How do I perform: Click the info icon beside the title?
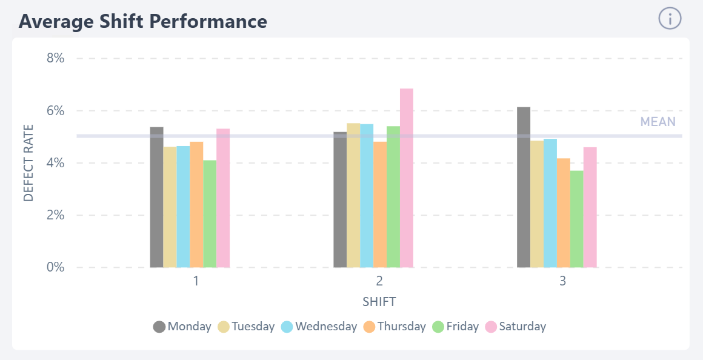[670, 19]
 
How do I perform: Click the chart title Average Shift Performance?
[143, 21]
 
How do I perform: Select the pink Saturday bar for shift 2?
[407, 178]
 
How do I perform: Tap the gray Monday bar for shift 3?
[524, 187]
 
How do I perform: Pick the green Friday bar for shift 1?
[210, 214]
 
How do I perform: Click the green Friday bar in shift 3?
[576, 219]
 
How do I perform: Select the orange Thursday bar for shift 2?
[380, 205]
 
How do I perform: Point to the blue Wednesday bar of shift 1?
[183, 207]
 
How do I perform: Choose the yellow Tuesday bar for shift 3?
[537, 204]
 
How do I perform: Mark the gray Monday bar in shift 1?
[156, 197]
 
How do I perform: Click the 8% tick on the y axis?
[55, 59]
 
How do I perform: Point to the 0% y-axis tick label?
[55, 267]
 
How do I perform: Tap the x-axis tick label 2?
[379, 282]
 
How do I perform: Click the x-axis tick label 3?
[563, 282]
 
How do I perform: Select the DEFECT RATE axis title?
[28, 163]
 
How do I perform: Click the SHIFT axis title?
[379, 301]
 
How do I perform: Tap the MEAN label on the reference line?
[658, 122]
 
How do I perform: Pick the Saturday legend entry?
[516, 327]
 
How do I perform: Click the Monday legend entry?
[182, 327]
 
